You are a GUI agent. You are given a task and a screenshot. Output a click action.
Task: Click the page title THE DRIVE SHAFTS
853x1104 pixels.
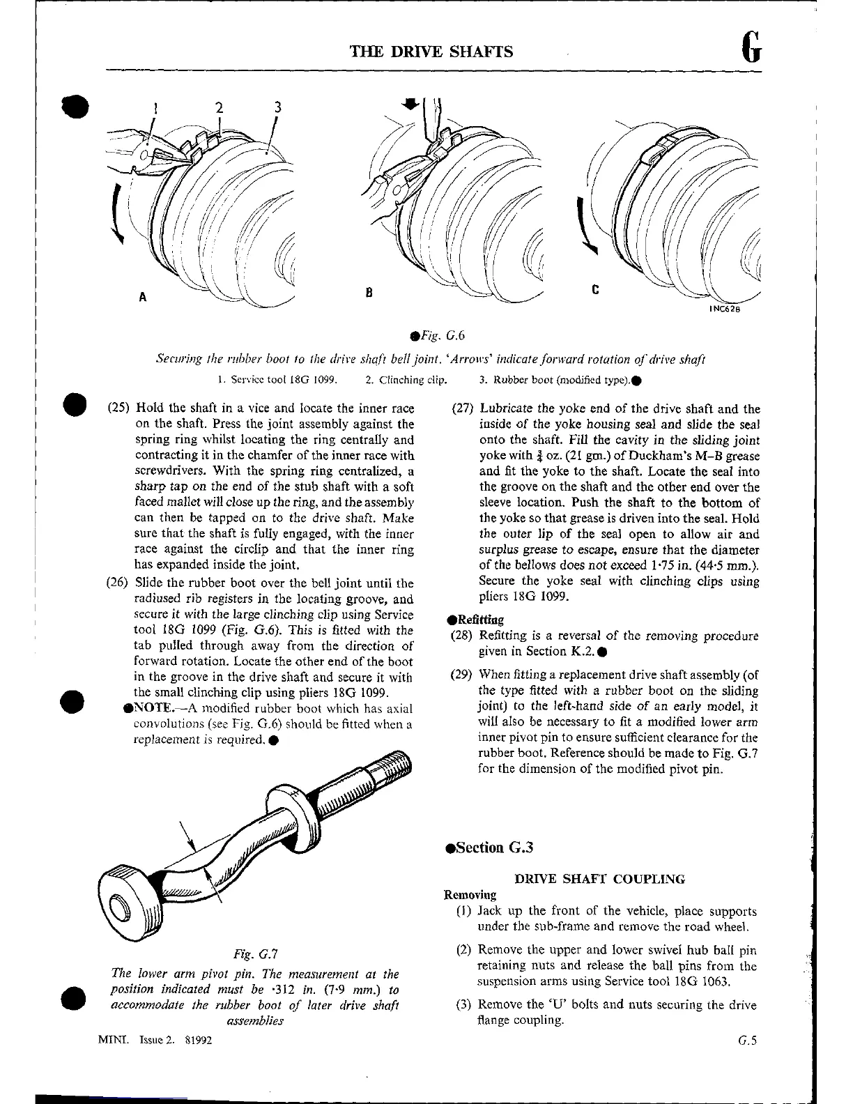pyautogui.click(x=432, y=52)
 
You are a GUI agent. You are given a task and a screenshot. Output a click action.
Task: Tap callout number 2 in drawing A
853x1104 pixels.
pyautogui.click(x=219, y=108)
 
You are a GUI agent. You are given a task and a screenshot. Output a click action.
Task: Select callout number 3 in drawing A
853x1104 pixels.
pyautogui.click(x=277, y=107)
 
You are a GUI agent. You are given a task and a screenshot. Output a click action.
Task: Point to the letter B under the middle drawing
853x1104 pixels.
pyautogui.click(x=369, y=293)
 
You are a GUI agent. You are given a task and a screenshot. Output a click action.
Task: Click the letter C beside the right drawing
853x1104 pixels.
pyautogui.click(x=595, y=289)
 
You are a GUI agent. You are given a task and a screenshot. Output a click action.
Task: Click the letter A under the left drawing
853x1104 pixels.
pyautogui.click(x=142, y=297)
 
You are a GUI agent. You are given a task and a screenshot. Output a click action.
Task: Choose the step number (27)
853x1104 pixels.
pyautogui.click(x=463, y=408)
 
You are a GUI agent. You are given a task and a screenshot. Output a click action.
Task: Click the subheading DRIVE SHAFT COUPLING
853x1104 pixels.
pyautogui.click(x=599, y=879)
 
